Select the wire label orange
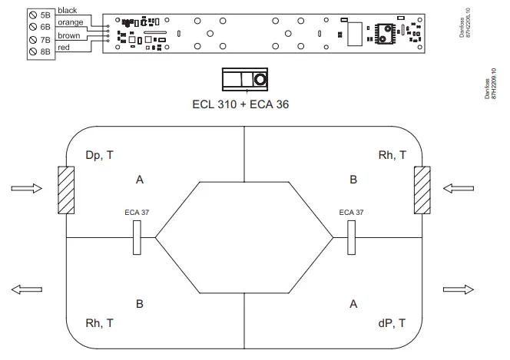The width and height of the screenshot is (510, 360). point(71,22)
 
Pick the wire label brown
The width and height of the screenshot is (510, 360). point(70,35)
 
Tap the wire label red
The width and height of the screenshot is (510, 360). point(65,48)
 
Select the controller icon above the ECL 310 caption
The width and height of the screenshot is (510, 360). point(245,80)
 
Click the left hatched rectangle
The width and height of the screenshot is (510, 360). point(66,189)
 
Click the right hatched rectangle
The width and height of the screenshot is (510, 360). point(422,189)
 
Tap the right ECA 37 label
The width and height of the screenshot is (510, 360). point(351,212)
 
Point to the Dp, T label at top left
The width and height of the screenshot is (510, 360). point(100,155)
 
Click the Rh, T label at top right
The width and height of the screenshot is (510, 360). point(392,155)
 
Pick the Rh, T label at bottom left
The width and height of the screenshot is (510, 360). point(100,323)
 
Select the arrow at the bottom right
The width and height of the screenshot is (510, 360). point(459,289)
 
